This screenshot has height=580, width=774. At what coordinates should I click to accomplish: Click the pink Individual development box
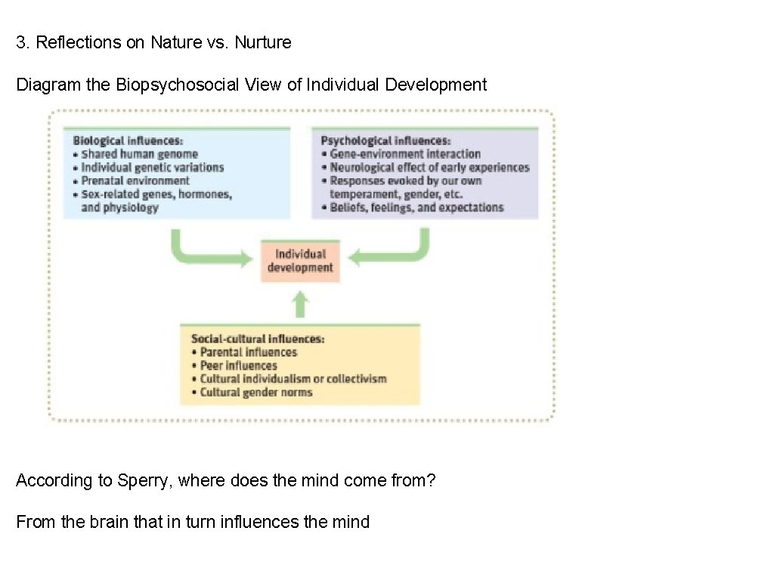pyautogui.click(x=300, y=261)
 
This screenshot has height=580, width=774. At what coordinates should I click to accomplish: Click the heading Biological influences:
pyautogui.click(x=128, y=140)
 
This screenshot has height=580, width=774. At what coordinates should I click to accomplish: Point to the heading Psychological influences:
pyautogui.click(x=385, y=140)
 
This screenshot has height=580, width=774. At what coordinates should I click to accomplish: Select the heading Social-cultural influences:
pyautogui.click(x=258, y=339)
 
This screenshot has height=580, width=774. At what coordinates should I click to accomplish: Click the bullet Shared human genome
pyautogui.click(x=139, y=154)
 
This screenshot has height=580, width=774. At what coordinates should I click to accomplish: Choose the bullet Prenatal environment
pyautogui.click(x=135, y=180)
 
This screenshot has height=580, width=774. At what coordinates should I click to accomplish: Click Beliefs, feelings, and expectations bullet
pyautogui.click(x=416, y=208)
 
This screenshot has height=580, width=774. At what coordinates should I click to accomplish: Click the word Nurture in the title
pyautogui.click(x=262, y=42)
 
